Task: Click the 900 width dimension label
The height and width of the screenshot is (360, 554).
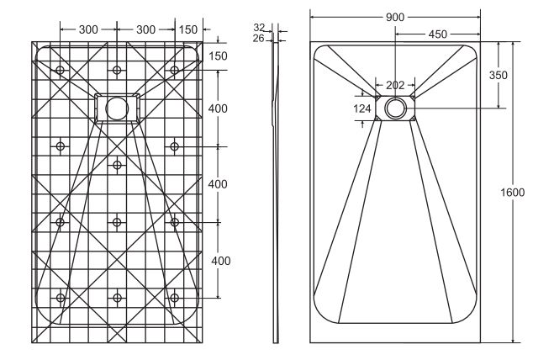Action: coord(394,17)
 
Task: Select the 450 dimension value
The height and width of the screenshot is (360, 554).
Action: coord(438,34)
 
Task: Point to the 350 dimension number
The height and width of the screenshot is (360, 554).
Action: coord(499,75)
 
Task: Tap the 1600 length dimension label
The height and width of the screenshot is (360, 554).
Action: coord(513,193)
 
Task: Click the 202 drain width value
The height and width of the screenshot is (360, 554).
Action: coord(395,85)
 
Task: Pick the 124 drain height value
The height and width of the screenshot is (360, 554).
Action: coord(362,109)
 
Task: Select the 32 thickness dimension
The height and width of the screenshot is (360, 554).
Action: coord(259,27)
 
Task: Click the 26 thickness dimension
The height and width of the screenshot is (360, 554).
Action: coord(259,38)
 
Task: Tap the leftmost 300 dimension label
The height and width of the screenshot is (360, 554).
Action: coord(88,29)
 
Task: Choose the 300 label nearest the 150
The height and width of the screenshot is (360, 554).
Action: coord(145,29)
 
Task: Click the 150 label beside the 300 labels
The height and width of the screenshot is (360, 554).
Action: coord(188,29)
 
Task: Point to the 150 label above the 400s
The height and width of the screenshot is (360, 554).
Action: coord(218,56)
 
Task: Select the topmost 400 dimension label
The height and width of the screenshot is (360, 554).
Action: coord(218,109)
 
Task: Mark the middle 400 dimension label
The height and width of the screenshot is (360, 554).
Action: coord(218,184)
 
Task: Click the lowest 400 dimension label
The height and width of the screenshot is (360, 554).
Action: coord(221,261)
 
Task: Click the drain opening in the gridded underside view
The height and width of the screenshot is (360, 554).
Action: coord(117,109)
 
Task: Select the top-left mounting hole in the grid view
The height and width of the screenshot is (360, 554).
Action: coord(60,70)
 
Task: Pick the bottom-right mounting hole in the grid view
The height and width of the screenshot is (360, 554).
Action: coord(174,298)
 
